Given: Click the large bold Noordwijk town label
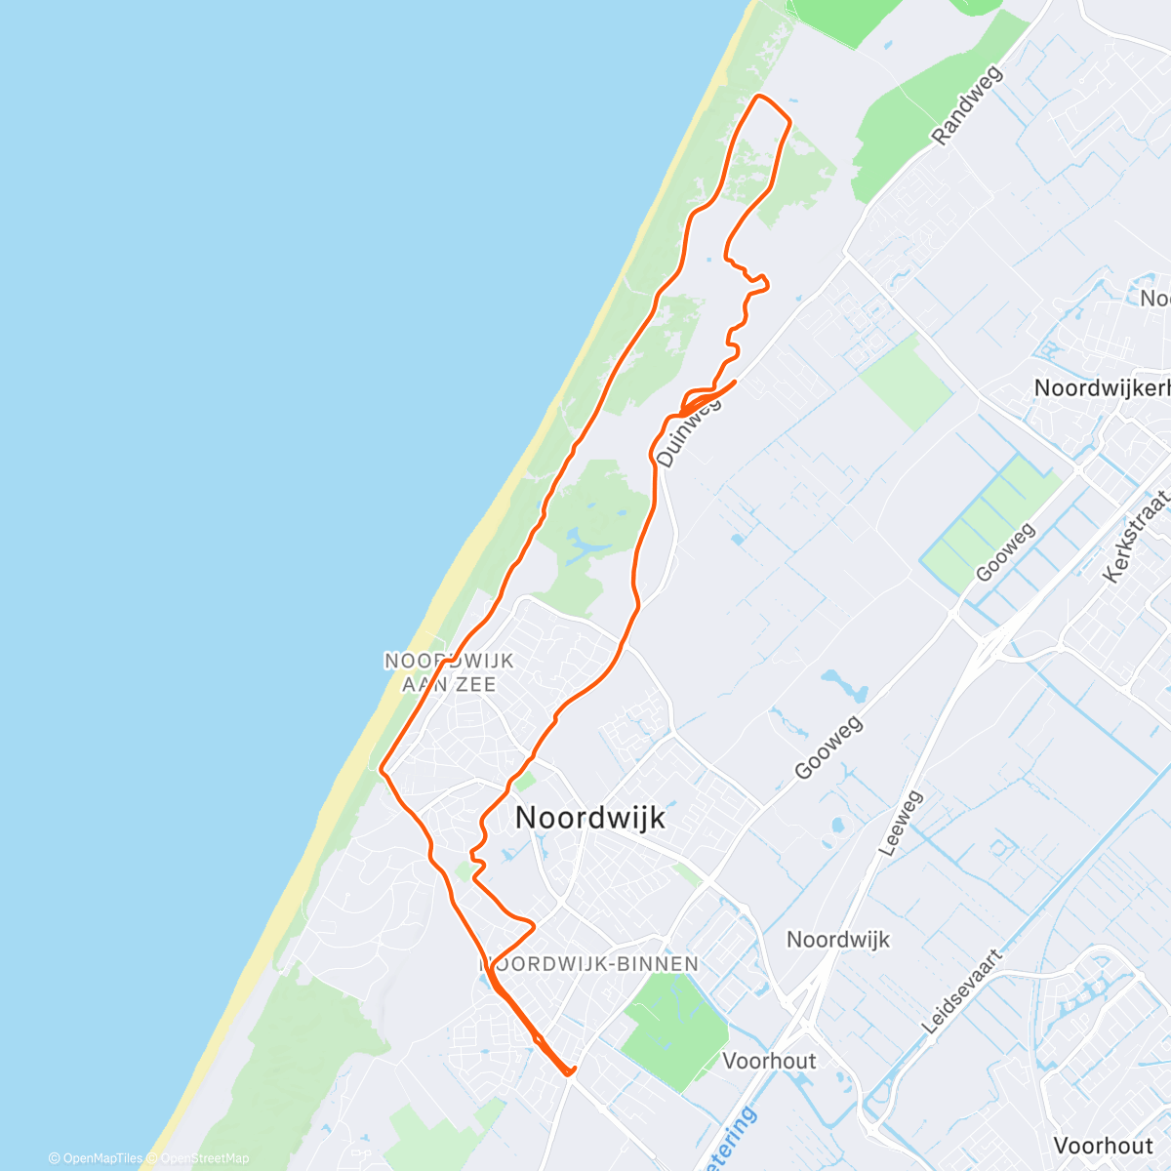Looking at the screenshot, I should [x=589, y=818].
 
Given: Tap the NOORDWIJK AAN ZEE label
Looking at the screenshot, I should [x=449, y=672].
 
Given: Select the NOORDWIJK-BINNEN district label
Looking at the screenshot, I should [x=590, y=964].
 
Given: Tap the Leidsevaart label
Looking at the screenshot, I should [x=961, y=991].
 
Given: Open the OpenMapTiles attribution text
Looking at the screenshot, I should [x=96, y=1158].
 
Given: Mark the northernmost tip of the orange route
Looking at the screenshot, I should [x=759, y=96].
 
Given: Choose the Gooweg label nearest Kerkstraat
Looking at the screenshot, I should [x=1005, y=552].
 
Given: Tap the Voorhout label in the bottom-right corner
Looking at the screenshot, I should [x=1103, y=1145].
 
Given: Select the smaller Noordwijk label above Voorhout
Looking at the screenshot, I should [x=838, y=940].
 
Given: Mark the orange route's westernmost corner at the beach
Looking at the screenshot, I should [x=381, y=769].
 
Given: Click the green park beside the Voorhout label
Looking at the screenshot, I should [x=673, y=1020].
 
